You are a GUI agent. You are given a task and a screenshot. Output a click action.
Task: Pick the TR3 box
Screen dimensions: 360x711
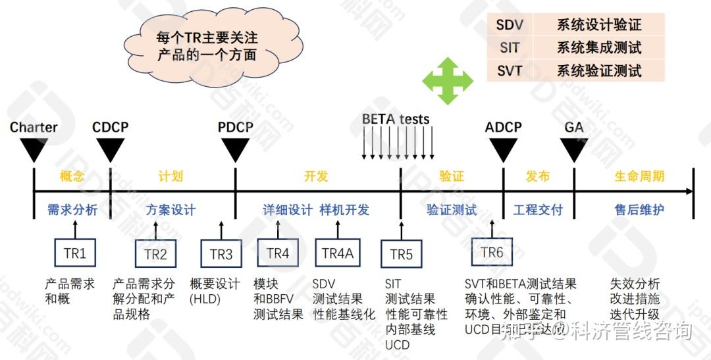pyautogui.click(x=221, y=254)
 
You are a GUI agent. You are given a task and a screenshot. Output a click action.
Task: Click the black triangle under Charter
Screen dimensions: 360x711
pyautogui.click(x=34, y=151)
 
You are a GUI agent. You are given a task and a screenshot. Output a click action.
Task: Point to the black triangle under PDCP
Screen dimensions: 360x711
pyautogui.click(x=235, y=151)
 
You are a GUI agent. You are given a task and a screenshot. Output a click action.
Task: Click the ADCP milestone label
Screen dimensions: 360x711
pyautogui.click(x=504, y=127)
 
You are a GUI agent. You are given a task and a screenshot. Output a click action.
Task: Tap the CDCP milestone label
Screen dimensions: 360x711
pyautogui.click(x=110, y=127)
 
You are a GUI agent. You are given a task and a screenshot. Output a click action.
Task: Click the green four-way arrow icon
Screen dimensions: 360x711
pyautogui.click(x=448, y=81)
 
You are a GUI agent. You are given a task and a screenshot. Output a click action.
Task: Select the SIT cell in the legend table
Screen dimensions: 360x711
pyautogui.click(x=510, y=47)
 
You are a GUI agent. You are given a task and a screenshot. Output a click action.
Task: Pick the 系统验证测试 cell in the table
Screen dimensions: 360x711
pyautogui.click(x=599, y=70)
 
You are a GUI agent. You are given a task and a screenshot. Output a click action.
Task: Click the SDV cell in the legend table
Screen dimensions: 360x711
pyautogui.click(x=510, y=26)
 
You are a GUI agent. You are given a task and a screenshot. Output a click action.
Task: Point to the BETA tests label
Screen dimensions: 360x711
pyautogui.click(x=396, y=120)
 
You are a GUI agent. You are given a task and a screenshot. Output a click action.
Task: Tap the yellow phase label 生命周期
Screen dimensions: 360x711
pyautogui.click(x=639, y=176)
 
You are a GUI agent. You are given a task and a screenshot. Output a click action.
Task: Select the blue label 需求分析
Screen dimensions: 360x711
pyautogui.click(x=72, y=210)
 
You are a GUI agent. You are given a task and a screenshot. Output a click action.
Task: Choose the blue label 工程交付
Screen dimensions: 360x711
pyautogui.click(x=538, y=210)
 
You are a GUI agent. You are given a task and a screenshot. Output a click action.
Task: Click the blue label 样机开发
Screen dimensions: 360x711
pyautogui.click(x=344, y=210)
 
